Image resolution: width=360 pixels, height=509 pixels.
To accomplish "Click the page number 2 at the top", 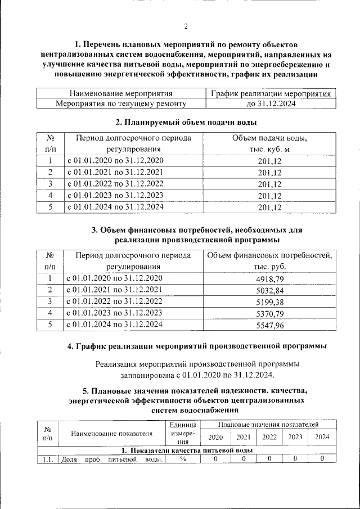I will pos(186,26).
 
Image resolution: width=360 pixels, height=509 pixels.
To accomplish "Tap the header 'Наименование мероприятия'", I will pos(120,93).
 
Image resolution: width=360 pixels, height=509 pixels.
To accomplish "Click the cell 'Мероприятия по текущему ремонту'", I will pos(120,103).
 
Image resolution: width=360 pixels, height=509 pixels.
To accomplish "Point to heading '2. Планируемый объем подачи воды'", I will pos(186,121).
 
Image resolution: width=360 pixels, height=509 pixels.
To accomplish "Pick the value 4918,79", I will pos(269,278).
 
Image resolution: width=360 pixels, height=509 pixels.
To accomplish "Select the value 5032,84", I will pos(269,290).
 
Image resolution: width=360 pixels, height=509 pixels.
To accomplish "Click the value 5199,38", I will pos(269,302).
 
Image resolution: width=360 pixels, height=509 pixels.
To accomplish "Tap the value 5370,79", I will pos(269,313).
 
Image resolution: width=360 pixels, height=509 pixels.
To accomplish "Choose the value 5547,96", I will pos(269,325).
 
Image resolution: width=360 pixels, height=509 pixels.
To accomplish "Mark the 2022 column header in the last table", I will pos(269,437).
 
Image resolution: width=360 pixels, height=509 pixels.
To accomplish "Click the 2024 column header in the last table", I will pos(322,437).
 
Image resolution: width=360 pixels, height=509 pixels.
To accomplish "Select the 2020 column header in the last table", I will pos(215,437).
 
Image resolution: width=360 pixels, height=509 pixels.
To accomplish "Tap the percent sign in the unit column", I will pos(183,459).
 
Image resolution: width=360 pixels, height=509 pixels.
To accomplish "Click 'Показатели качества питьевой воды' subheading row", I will pos(186,451).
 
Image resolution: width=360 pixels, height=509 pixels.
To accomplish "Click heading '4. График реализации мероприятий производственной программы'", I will pos(197,346).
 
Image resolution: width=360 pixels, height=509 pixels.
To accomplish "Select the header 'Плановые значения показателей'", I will pos(269,424).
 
